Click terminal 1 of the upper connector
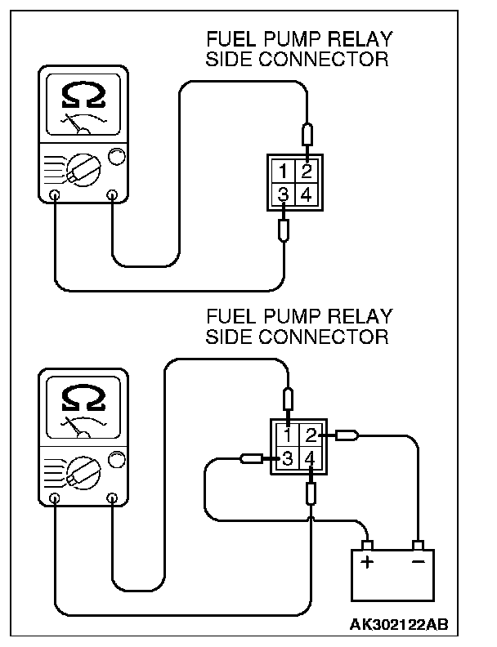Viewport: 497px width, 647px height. click(x=283, y=171)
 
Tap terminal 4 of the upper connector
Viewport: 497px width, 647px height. click(x=307, y=194)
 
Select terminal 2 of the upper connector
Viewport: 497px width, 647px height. click(x=307, y=171)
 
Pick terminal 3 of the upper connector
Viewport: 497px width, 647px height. click(x=283, y=194)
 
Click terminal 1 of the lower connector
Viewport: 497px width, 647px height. click(x=287, y=435)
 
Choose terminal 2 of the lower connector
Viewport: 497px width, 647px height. click(x=311, y=435)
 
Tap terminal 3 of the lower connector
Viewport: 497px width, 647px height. click(x=287, y=458)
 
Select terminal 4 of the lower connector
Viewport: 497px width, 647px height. click(x=311, y=458)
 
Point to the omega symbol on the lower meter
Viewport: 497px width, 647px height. click(x=83, y=397)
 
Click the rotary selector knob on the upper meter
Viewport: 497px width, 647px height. click(x=83, y=170)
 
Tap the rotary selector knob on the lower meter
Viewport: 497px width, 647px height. click(x=83, y=472)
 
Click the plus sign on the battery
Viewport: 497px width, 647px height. click(x=366, y=562)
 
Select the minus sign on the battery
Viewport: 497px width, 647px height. click(x=418, y=561)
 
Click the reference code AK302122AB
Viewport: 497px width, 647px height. click(x=399, y=624)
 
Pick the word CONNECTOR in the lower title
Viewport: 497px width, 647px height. click(x=324, y=337)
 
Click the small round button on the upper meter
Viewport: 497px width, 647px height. click(x=116, y=156)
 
